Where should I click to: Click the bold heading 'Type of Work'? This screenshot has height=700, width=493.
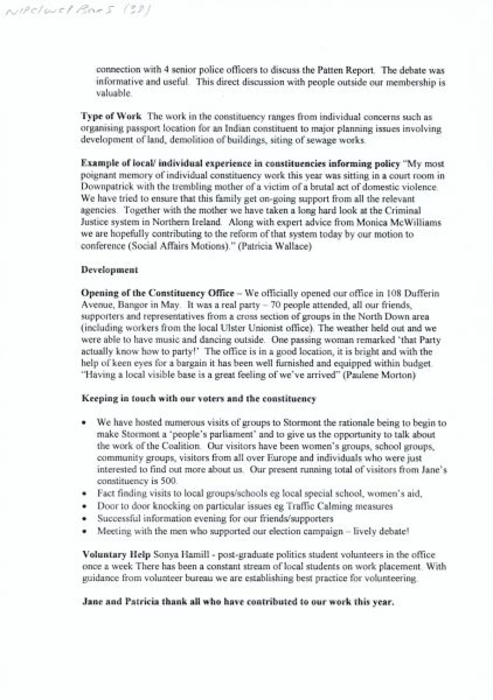(111, 117)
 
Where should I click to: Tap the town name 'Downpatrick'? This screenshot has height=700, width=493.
(105, 187)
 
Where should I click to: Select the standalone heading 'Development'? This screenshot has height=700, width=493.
(110, 270)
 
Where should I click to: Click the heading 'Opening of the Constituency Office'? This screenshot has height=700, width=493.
(158, 293)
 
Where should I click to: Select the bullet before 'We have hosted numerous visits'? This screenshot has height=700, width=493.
(84, 423)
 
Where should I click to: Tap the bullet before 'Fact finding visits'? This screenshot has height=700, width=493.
(84, 494)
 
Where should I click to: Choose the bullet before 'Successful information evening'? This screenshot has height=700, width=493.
(84, 519)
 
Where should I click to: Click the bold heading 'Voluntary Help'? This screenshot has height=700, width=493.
(116, 555)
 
